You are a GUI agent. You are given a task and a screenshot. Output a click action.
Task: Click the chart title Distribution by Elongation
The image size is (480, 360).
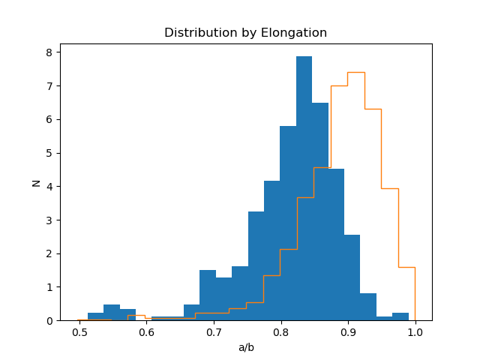[245, 33]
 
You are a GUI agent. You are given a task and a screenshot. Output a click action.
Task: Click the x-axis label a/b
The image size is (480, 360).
[245, 347]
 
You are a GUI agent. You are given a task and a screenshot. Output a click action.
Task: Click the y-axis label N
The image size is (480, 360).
[35, 182]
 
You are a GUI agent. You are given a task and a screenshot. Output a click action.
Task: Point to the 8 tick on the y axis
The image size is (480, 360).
[48, 52]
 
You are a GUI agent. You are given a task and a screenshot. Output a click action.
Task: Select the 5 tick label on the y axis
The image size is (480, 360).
[48, 153]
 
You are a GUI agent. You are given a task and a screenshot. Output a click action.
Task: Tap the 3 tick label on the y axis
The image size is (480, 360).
[48, 220]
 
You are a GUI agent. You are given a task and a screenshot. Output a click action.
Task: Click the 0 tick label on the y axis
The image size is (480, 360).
[48, 320]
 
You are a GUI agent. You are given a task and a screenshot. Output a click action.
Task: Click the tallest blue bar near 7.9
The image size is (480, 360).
[304, 187]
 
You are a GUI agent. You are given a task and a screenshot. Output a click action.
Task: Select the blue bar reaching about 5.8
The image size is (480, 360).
[288, 225]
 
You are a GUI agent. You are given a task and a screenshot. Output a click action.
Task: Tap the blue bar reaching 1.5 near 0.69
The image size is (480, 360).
[208, 295]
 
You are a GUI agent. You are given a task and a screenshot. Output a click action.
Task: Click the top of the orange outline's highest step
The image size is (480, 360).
[356, 72]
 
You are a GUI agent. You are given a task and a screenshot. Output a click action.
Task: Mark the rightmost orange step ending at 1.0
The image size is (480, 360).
[406, 267]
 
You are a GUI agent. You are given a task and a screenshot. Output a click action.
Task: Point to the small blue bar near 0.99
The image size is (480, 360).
[400, 316]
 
